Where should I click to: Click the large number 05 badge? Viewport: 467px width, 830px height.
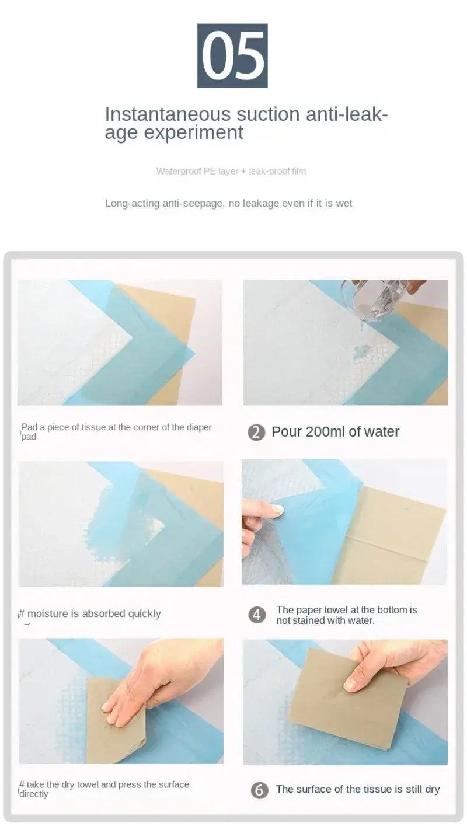click(x=232, y=56)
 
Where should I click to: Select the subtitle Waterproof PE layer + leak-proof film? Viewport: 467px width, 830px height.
click(x=231, y=171)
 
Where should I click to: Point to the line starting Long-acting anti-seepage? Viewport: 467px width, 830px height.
click(x=228, y=203)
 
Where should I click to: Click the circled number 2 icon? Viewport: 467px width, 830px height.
click(x=256, y=433)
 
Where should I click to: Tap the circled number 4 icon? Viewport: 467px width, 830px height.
click(x=256, y=615)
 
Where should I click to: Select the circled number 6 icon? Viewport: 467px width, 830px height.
click(x=259, y=790)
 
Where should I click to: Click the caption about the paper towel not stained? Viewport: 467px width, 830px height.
click(x=347, y=615)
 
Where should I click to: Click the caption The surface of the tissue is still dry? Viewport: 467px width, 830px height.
click(x=357, y=790)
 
